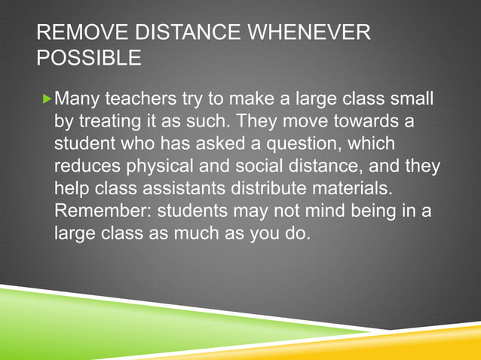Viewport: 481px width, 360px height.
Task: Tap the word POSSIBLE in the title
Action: [x=88, y=57]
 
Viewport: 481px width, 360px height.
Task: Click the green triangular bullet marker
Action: [x=49, y=99]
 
